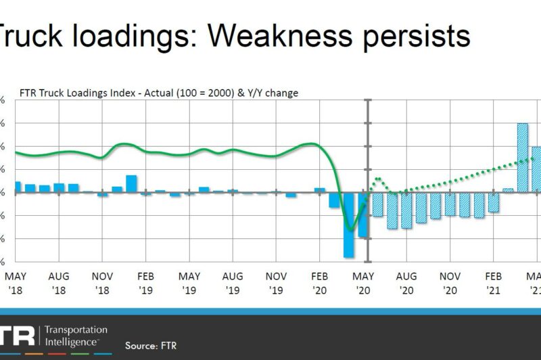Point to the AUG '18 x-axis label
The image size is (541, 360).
59,283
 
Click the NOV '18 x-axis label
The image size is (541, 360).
102,283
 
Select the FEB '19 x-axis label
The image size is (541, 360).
146,283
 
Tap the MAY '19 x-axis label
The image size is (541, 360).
189,283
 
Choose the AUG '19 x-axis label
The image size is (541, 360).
233,283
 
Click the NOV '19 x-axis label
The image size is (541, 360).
276,283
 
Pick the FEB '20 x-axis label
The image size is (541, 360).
320,283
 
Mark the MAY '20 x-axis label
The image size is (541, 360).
363,283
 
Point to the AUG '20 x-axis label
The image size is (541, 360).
406,283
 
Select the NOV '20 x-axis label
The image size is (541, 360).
450,283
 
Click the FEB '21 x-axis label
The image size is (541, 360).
494,283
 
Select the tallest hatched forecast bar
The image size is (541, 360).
522,158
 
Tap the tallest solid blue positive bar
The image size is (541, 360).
131,183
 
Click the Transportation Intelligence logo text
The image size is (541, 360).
75,336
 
